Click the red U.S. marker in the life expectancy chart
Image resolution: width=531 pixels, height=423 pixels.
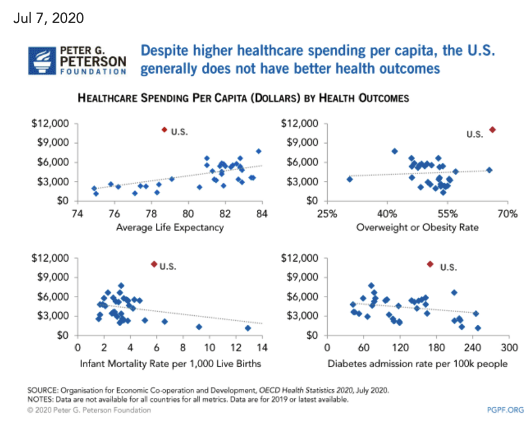pyautogui.click(x=164, y=130)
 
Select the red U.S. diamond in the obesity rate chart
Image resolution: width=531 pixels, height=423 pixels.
pyautogui.click(x=492, y=130)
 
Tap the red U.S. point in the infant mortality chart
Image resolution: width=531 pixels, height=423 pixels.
pyautogui.click(x=154, y=264)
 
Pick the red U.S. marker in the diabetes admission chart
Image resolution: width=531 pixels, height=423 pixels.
pyautogui.click(x=430, y=264)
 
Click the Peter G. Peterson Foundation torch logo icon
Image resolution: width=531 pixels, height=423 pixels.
pyautogui.click(x=42, y=61)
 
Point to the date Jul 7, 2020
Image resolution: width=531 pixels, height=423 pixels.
pyautogui.click(x=49, y=18)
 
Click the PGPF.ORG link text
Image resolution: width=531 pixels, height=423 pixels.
pyautogui.click(x=505, y=410)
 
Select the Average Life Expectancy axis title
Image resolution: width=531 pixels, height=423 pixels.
pyautogui.click(x=170, y=228)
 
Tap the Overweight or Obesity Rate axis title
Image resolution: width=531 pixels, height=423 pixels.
pyautogui.click(x=417, y=228)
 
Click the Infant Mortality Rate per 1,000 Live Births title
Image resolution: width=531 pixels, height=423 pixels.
pyautogui.click(x=170, y=364)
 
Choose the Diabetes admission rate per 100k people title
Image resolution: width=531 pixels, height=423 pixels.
pyautogui.click(x=417, y=364)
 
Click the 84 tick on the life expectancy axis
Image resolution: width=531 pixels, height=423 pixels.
pyautogui.click(x=262, y=214)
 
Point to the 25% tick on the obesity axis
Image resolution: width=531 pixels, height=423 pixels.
pyautogui.click(x=327, y=214)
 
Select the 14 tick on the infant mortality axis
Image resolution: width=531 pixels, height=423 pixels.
pyautogui.click(x=262, y=348)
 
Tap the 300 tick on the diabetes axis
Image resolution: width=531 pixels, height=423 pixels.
pyautogui.click(x=509, y=348)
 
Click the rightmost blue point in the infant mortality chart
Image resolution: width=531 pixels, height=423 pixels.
pyautogui.click(x=248, y=328)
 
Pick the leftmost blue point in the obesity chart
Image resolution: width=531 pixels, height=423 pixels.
pyautogui.click(x=349, y=179)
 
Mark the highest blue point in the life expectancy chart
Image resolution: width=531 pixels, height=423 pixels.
pyautogui.click(x=259, y=151)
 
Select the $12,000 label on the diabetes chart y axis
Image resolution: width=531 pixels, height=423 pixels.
pyautogui.click(x=299, y=258)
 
